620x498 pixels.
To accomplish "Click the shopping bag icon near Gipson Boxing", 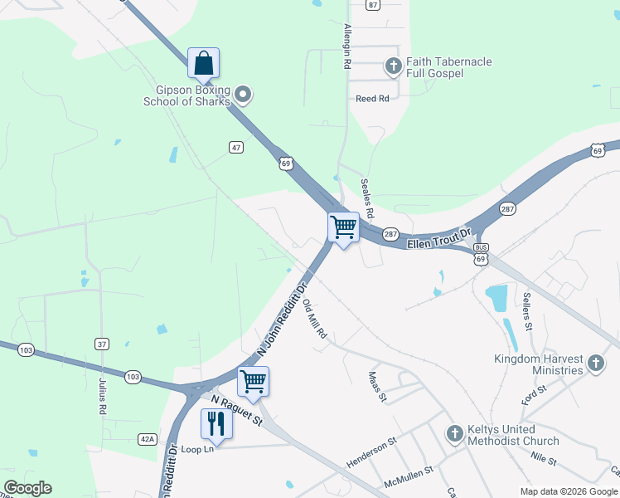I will click(204, 63).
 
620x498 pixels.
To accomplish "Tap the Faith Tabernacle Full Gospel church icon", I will click(395, 64).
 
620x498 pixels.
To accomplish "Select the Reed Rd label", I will click(372, 99).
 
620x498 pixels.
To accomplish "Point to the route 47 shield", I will click(237, 147).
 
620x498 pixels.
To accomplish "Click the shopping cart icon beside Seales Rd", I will click(343, 227).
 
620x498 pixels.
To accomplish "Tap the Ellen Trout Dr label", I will click(438, 240).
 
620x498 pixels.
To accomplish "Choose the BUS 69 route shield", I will click(481, 254).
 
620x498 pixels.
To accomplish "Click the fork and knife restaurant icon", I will click(216, 423).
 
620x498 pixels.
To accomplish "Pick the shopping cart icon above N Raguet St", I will click(253, 382).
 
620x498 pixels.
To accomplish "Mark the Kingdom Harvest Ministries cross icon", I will click(595, 364).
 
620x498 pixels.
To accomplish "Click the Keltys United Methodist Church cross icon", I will click(454, 433).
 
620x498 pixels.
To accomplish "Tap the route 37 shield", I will click(102, 344).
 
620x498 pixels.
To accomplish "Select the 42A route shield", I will click(147, 439).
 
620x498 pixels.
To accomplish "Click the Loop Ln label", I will click(197, 449).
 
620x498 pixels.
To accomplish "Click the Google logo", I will click(27, 488).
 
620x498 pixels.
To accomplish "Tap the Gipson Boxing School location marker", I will click(243, 95).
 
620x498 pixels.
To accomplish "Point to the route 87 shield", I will click(373, 4).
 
